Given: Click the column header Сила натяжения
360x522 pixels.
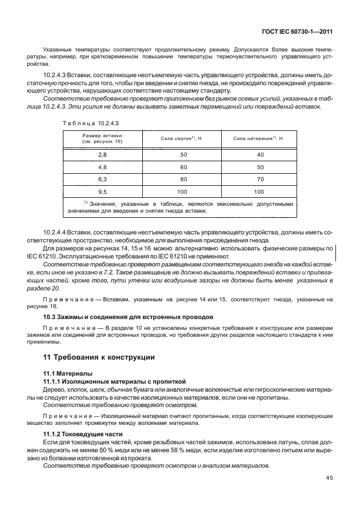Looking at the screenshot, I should click(x=258, y=138).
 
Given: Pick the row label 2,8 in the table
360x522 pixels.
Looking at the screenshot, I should click(x=103, y=155).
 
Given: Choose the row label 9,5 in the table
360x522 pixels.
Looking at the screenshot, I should click(x=103, y=192).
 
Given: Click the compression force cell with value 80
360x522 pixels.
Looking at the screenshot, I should click(x=183, y=180).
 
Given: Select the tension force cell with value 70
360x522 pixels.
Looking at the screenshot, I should click(x=260, y=180).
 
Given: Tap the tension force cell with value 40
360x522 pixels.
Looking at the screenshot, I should click(x=260, y=155).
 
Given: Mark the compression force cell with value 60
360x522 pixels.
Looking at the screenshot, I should click(x=183, y=168).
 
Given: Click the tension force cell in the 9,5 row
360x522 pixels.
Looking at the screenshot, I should click(x=260, y=192).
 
